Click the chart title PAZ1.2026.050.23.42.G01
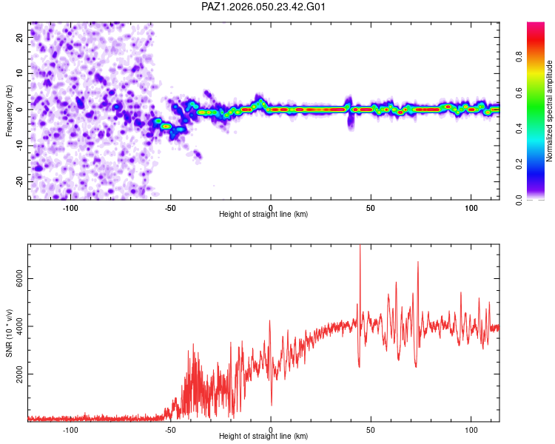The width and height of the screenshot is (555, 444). coord(263,7)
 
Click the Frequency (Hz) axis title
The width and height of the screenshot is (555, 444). coord(9,110)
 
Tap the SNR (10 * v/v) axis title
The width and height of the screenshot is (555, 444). coord(9,332)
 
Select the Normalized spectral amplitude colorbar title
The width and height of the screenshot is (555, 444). coord(550,110)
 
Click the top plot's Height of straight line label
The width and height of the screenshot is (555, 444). coord(263,214)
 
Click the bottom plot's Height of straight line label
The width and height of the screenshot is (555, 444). coord(263,436)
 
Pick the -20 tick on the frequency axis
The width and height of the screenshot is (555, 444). coord(18,181)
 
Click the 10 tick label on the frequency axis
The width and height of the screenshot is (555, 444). coord(20,73)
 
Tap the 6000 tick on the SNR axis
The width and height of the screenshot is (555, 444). coord(16,278)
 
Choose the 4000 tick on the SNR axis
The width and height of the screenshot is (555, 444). coord(16,326)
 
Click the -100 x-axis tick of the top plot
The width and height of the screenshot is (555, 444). coord(70,208)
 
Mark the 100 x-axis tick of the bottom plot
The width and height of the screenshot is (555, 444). coord(471,429)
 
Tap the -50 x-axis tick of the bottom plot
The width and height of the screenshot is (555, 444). coord(170,429)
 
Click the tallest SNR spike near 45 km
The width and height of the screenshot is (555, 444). coord(360,246)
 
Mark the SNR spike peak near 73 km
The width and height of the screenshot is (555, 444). coord(418,262)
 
